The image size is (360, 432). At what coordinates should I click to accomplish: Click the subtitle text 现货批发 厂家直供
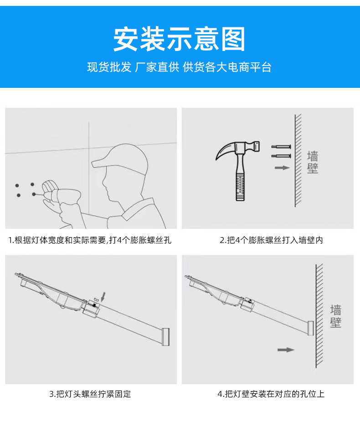point(132,67)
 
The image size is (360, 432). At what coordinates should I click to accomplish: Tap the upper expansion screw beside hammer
point(281,147)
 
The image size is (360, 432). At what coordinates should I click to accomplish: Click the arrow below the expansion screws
point(282,168)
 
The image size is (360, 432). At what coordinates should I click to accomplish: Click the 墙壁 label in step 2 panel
point(313,163)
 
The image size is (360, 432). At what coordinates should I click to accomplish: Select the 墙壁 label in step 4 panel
point(336,316)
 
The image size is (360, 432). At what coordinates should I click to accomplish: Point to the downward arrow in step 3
point(103,297)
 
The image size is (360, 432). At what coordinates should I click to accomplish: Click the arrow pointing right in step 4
point(286,350)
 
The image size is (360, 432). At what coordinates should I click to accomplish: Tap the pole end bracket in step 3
point(165,336)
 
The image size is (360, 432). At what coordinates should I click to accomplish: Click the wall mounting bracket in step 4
point(311,328)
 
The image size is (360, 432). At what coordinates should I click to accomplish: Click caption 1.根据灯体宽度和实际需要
point(90,240)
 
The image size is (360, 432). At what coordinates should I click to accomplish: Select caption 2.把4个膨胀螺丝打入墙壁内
point(271,240)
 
